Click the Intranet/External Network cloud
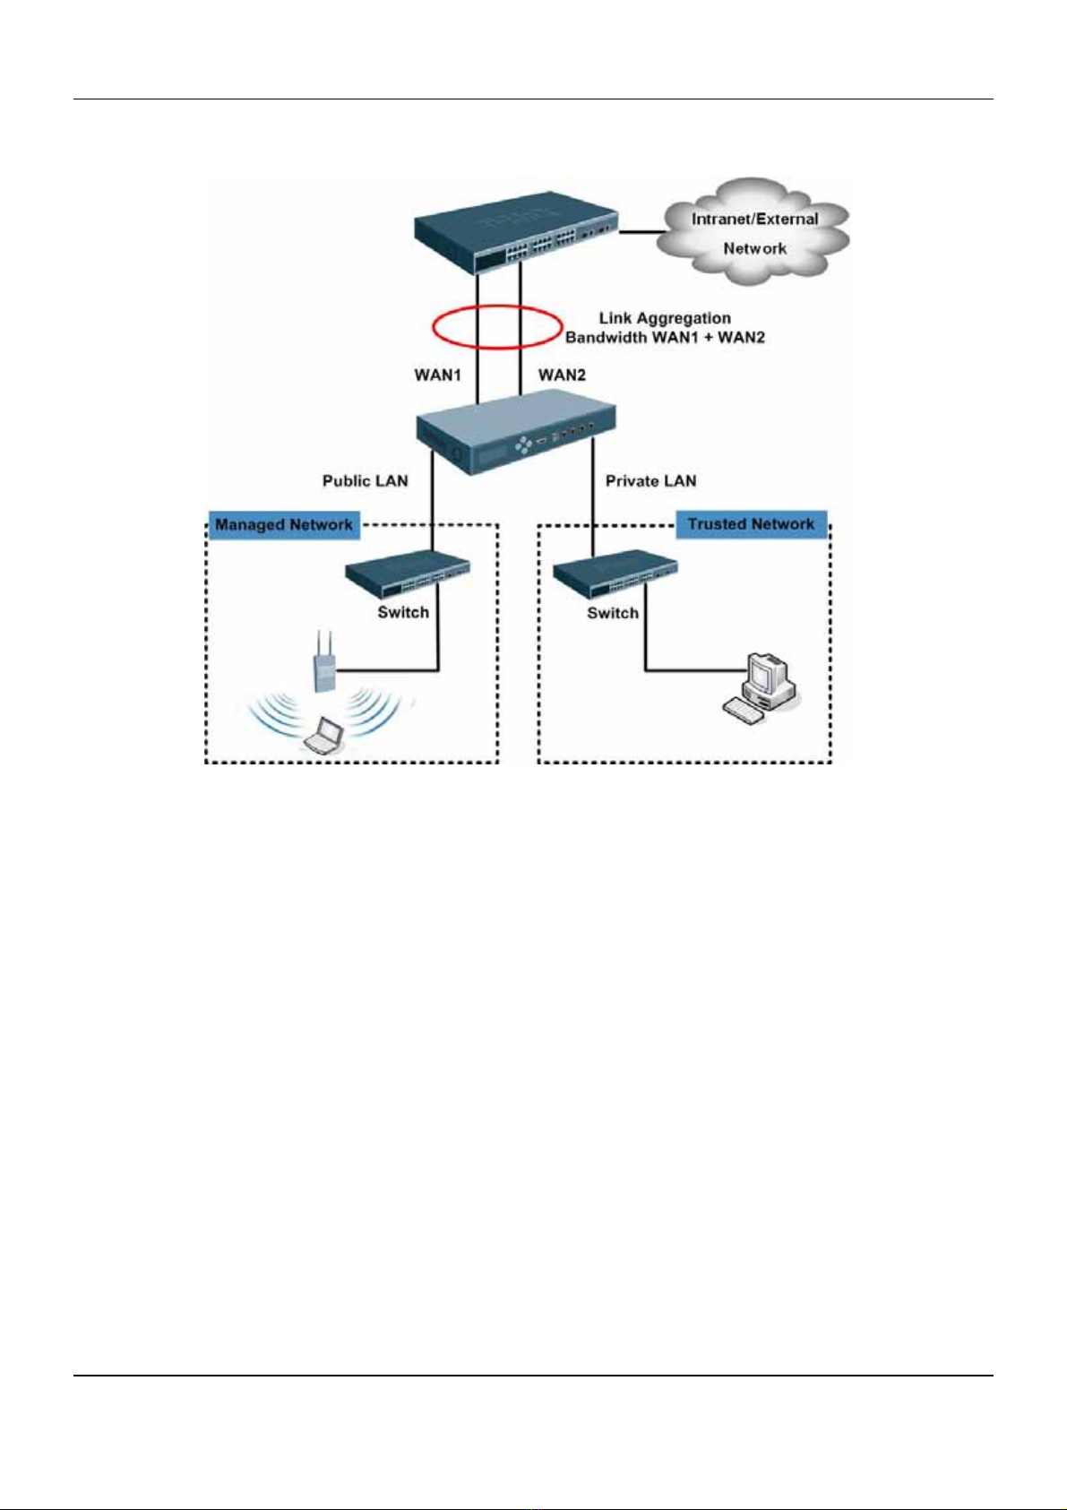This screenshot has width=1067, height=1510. [x=754, y=233]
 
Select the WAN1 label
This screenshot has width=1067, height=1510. [x=437, y=375]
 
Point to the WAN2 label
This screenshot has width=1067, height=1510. [x=562, y=375]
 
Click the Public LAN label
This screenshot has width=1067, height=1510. [x=365, y=481]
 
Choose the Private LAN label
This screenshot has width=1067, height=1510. [x=650, y=481]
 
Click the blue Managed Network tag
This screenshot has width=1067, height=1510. [x=284, y=525]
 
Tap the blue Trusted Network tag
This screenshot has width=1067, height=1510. [x=751, y=524]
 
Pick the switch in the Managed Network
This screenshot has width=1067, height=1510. [x=408, y=578]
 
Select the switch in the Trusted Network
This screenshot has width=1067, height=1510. [x=615, y=578]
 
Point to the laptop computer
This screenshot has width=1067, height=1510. [x=323, y=737]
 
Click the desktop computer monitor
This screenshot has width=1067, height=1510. [x=768, y=671]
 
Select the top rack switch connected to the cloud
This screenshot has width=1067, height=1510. [x=517, y=232]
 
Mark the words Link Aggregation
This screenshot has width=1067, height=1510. [x=665, y=318]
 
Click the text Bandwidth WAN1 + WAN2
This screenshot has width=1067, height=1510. [x=665, y=338]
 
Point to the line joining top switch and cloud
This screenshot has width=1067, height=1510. [x=640, y=232]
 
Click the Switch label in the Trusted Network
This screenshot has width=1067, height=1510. [x=613, y=613]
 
